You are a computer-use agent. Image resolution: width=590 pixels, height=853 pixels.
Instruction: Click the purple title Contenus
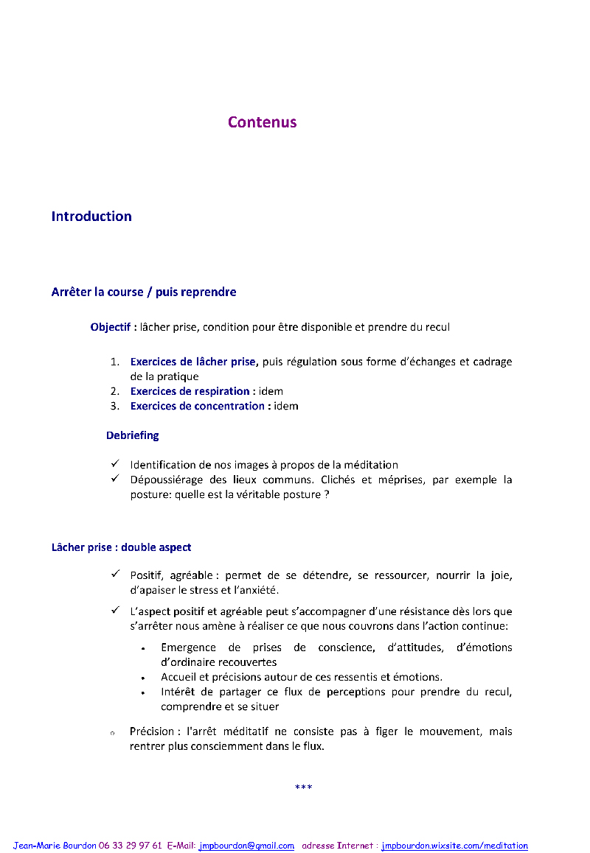tap(262, 122)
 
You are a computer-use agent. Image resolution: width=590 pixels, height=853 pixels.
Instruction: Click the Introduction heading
tap(91, 217)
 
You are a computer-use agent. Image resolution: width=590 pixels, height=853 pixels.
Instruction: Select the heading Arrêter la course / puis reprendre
tap(144, 292)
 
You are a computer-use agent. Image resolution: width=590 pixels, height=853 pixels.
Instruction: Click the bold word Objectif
tap(110, 327)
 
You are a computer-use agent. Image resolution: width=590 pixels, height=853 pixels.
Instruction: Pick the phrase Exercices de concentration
tap(198, 406)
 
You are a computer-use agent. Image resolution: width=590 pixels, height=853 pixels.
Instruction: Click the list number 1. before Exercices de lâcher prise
tap(115, 362)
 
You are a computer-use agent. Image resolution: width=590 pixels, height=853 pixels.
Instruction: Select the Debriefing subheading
tap(132, 435)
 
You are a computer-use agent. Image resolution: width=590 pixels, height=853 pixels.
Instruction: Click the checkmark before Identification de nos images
tap(116, 464)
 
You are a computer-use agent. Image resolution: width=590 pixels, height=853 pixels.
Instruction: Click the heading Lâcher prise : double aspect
tap(121, 547)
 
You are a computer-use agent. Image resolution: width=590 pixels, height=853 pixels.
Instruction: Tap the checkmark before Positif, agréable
tap(116, 574)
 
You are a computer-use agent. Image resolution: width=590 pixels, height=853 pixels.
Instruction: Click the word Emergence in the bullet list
tap(188, 647)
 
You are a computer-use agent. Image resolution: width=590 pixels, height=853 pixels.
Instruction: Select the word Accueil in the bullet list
tap(180, 677)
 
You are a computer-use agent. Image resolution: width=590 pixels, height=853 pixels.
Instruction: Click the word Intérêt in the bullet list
tap(179, 692)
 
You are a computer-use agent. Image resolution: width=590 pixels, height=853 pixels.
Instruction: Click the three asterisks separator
tap(303, 787)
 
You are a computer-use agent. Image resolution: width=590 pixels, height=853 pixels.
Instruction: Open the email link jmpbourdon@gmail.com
tap(246, 846)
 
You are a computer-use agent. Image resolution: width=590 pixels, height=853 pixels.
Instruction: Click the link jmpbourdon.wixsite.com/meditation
tap(454, 846)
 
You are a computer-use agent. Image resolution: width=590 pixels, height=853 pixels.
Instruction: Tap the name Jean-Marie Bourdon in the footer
tap(55, 846)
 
